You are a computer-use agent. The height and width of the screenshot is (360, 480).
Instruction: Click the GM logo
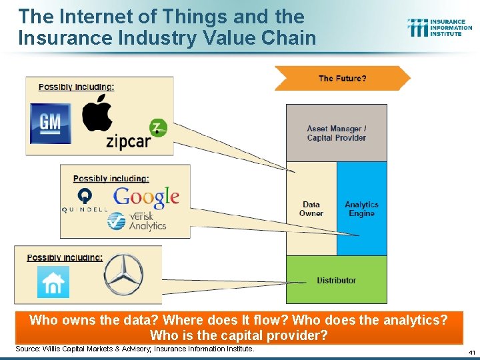pyautogui.click(x=51, y=124)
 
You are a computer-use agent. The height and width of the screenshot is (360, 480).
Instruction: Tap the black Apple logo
pyautogui.click(x=97, y=113)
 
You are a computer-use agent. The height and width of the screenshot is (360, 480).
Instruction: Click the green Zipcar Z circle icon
pyautogui.click(x=159, y=127)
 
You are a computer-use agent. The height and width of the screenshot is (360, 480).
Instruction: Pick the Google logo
pyautogui.click(x=146, y=196)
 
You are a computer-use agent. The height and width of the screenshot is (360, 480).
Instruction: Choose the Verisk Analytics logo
pyautogui.click(x=137, y=221)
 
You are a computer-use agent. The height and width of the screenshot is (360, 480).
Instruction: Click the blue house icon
pyautogui.click(x=53, y=282)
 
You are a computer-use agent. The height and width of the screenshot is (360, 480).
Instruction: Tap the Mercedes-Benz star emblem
pyautogui.click(x=123, y=275)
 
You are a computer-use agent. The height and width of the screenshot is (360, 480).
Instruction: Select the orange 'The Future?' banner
pyautogui.click(x=342, y=79)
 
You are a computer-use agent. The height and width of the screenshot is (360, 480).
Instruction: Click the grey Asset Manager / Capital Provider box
pyautogui.click(x=336, y=133)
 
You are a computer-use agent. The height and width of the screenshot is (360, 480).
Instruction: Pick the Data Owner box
pyautogui.click(x=311, y=209)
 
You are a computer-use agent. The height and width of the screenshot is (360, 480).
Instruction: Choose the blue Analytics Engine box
pyautogui.click(x=361, y=209)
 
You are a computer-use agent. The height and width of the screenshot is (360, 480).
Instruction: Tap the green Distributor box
pyautogui.click(x=336, y=280)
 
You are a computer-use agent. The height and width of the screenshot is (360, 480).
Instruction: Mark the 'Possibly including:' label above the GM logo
pyautogui.click(x=76, y=87)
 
